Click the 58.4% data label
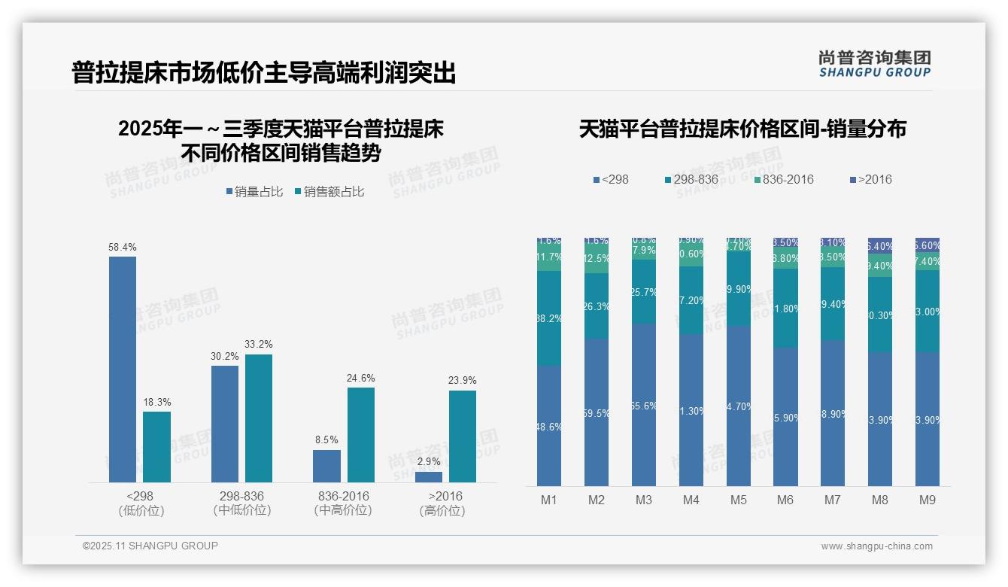click(x=123, y=247)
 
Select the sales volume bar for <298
click(x=123, y=369)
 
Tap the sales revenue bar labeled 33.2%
click(x=259, y=418)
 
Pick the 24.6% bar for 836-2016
click(x=361, y=434)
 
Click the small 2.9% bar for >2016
click(x=429, y=476)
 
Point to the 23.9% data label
click(x=463, y=380)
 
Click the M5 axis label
click(x=738, y=500)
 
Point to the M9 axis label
click(x=928, y=500)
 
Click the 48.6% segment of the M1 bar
click(x=549, y=426)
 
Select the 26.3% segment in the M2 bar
click(x=597, y=306)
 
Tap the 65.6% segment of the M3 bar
click(x=644, y=405)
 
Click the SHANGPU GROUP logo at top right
click(x=875, y=64)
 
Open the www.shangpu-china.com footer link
click(x=876, y=546)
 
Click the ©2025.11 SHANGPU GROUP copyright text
click(x=150, y=546)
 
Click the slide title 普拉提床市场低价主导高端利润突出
click(x=264, y=73)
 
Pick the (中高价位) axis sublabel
click(x=344, y=510)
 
